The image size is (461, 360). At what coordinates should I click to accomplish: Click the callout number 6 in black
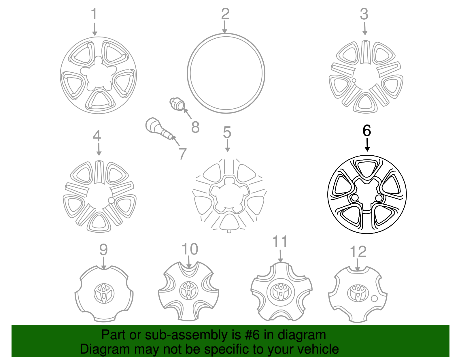(366, 131)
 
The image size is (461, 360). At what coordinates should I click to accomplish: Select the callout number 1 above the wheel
(94, 14)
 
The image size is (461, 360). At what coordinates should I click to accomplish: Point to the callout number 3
(364, 14)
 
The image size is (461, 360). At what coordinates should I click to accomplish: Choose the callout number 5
(227, 133)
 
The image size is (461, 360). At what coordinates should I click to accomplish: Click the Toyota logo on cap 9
(104, 293)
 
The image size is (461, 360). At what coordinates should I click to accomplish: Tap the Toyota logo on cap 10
(189, 291)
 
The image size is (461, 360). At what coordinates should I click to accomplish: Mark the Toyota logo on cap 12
(358, 293)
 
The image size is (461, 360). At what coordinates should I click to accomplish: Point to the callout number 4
(97, 136)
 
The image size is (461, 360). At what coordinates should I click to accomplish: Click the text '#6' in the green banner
(252, 335)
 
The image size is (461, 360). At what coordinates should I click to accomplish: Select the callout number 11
(280, 242)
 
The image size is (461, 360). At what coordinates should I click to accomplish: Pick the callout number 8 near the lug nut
(195, 127)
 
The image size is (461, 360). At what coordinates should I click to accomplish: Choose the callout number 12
(358, 252)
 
